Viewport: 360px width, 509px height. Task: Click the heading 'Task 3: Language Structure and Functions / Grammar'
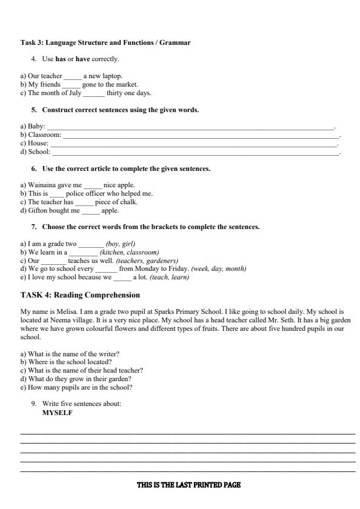(x=105, y=42)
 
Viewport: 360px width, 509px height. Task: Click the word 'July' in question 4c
(x=74, y=93)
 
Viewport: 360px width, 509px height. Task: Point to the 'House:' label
(x=30, y=143)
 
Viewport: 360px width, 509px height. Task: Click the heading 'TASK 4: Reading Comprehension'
(x=81, y=295)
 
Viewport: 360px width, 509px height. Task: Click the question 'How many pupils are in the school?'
(x=76, y=387)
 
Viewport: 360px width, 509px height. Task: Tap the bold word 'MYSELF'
(x=57, y=412)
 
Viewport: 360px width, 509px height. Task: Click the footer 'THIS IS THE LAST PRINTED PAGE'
(x=188, y=485)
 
